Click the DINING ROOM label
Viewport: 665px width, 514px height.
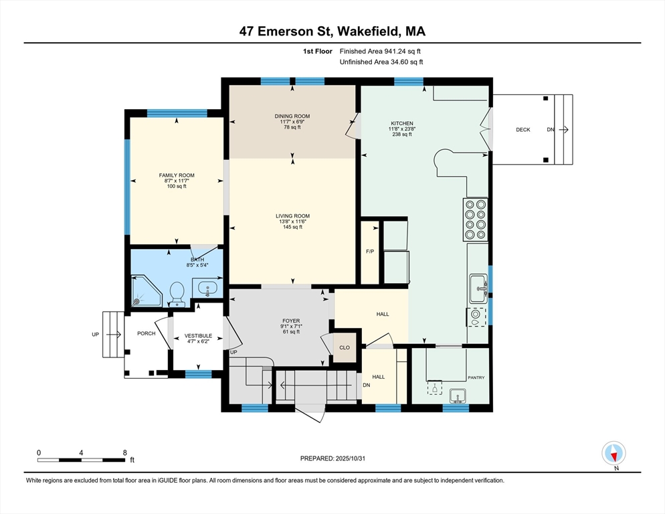[292, 116]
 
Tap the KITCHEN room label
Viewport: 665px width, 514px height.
[402, 123]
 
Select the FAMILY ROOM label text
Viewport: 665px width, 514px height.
[177, 175]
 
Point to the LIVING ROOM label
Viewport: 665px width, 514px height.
[292, 216]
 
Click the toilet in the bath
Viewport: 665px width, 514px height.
[177, 292]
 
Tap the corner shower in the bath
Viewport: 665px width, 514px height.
[146, 291]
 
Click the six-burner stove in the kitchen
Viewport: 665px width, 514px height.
[476, 220]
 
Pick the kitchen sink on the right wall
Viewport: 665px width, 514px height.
[478, 288]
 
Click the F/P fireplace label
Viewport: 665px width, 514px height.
[369, 252]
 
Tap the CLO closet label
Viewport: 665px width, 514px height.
[345, 347]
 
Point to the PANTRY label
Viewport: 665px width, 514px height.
[476, 377]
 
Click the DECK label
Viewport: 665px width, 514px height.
[522, 130]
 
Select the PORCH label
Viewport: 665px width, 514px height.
[146, 333]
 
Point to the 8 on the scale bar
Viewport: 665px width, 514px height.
[124, 452]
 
